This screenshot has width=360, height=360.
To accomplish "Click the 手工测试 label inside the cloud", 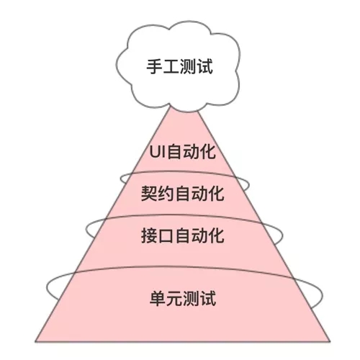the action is (179, 66).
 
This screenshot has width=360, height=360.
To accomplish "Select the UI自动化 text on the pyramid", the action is (182, 151).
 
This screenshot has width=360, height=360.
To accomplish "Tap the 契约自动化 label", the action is (183, 194).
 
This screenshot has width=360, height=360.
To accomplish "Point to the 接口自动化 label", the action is (183, 235).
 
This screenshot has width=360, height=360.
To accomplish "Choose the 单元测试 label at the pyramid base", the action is (183, 298).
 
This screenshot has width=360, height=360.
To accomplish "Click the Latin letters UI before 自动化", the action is (158, 152).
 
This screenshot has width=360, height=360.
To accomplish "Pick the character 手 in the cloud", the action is (155, 66).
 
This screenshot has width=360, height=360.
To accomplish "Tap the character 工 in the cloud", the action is (171, 66).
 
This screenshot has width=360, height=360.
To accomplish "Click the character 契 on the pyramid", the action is (149, 194).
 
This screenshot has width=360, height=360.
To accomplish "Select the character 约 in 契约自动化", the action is (166, 194).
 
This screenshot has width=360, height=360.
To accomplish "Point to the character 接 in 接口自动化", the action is (149, 235).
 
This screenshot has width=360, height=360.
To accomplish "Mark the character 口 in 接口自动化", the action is (166, 235).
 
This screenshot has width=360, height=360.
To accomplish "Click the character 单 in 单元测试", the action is (158, 298).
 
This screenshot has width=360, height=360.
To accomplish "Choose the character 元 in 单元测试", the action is (174, 298).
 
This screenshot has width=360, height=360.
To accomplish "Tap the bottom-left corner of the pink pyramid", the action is (35, 341).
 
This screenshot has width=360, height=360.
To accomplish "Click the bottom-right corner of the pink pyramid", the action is (330, 341).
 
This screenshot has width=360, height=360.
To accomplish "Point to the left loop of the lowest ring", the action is (47, 287).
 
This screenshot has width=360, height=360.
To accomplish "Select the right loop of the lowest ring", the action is (323, 294).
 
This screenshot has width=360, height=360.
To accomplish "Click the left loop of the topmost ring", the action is (121, 179).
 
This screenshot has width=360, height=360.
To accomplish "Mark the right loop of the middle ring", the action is (282, 235).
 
